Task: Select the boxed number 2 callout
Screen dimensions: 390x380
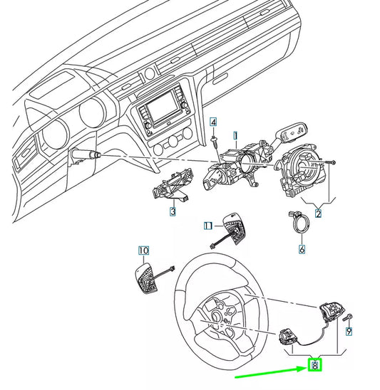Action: coord(318,214)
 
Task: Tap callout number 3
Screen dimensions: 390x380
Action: coord(173,211)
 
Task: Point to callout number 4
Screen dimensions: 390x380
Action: coord(213,122)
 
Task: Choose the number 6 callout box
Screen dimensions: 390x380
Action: coord(302,250)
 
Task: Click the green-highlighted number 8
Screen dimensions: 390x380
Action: coord(314,366)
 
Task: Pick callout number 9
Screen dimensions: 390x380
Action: coord(349,331)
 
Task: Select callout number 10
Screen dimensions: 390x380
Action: coord(143,251)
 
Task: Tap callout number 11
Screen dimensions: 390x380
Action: coord(207,226)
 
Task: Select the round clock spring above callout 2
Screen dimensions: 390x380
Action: coord(303,171)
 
